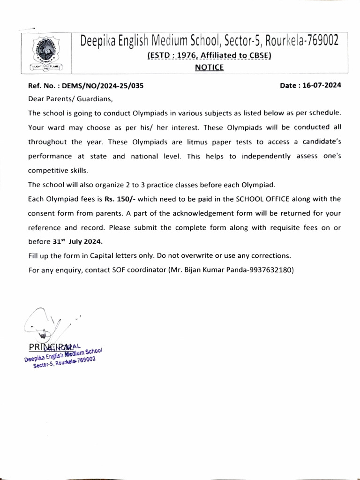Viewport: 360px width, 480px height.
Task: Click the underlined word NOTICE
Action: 209,67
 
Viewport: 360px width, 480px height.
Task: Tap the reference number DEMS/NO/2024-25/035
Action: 100,86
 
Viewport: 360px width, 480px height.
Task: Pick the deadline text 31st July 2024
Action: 76,242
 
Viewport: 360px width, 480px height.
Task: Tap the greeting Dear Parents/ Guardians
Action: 71,99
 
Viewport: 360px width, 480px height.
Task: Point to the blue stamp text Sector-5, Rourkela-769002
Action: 64,362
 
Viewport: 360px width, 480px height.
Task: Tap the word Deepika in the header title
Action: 99,42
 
